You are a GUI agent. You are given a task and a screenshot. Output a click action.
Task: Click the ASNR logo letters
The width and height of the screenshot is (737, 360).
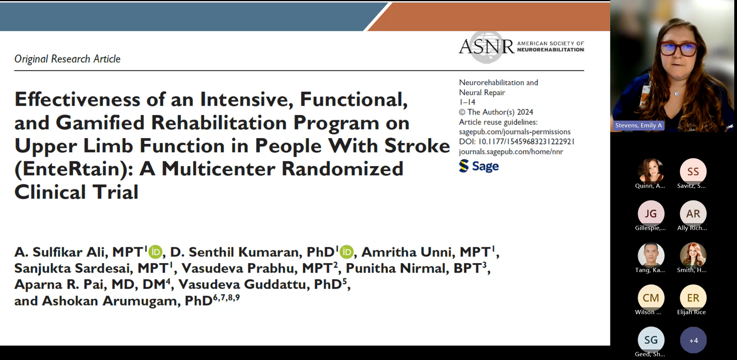tap(487, 47)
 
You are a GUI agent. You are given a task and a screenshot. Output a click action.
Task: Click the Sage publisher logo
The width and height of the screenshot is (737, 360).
tap(479, 166)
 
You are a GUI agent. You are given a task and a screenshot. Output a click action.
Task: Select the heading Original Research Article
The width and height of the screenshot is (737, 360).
tap(67, 59)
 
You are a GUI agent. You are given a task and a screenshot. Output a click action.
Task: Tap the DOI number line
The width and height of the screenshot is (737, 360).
tap(517, 141)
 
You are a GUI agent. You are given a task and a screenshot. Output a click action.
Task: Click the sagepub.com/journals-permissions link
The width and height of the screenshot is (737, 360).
tap(515, 132)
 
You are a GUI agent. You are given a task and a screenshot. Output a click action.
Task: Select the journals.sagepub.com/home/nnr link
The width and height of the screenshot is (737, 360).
tap(511, 152)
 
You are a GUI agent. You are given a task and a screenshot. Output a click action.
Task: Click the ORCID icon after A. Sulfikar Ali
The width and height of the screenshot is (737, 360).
tap(155, 252)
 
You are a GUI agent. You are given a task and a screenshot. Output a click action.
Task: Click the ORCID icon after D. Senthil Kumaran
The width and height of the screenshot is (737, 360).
tap(346, 252)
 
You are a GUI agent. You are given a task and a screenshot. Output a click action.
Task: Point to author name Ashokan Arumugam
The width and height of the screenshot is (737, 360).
tap(111, 301)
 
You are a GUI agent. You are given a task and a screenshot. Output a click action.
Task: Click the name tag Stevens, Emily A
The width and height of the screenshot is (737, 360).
tap(638, 125)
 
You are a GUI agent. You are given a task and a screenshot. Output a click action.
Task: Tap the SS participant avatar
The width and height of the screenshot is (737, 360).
tap(693, 171)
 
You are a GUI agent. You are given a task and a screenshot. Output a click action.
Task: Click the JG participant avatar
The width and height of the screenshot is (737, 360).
tap(650, 213)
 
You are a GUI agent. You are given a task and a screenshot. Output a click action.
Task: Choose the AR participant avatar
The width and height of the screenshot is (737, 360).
tap(693, 213)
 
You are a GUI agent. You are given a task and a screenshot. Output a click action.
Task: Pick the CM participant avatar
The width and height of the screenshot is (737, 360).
tap(650, 298)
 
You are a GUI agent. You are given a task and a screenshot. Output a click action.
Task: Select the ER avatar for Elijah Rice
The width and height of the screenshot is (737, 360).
tap(693, 298)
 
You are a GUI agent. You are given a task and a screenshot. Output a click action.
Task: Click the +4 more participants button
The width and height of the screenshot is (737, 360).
tap(693, 340)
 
